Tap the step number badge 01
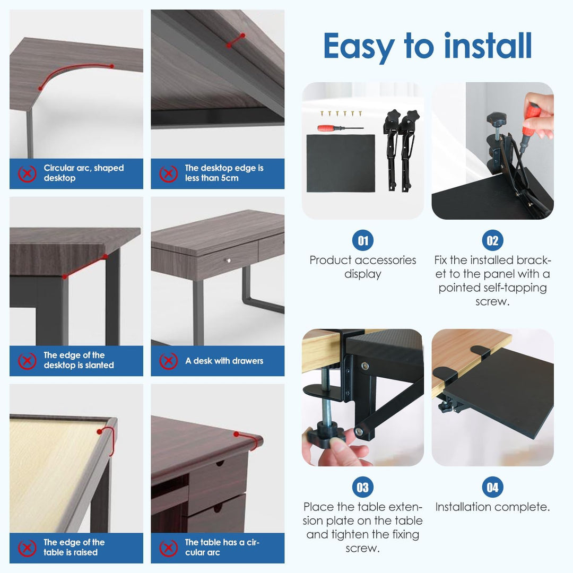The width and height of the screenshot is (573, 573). coord(363,241)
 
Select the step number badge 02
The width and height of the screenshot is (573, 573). coord(492,241)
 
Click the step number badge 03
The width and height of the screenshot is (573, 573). coord(363,487)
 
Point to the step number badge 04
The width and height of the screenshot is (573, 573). coord(492,487)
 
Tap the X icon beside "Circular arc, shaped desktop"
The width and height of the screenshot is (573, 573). coord(27,173)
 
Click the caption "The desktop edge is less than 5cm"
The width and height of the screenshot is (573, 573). coord(224,173)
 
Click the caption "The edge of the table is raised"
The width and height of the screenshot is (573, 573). coord(74,547)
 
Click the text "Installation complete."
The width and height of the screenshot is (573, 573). coord(492,507)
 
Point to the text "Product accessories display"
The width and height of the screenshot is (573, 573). coord(363,267)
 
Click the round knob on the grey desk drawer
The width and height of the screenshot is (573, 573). coord(228,261)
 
